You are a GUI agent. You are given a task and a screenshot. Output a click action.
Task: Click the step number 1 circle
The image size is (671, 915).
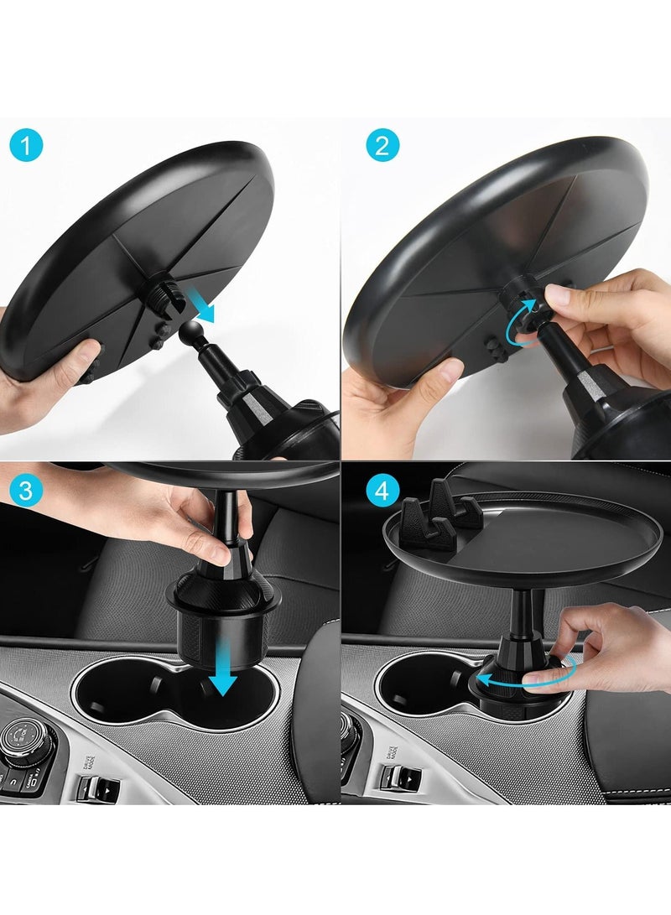(x=27, y=148)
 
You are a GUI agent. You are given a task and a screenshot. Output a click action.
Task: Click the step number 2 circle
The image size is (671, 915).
(x=382, y=148)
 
